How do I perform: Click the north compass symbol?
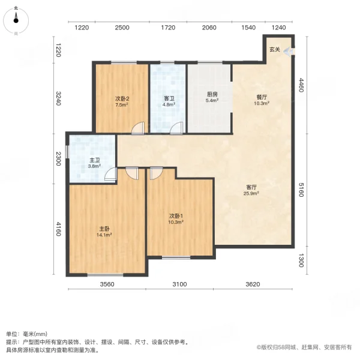[17, 20]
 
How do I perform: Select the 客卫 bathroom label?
[169, 98]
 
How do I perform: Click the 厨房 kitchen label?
[212, 94]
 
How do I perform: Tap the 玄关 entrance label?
[274, 50]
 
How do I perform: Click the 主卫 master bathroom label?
[95, 160]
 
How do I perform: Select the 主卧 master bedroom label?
[104, 229]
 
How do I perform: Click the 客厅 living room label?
[251, 187]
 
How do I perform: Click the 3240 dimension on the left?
[59, 98]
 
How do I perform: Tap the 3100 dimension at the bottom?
[179, 284]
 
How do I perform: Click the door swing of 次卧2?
[137, 128]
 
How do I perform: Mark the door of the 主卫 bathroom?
[110, 175]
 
